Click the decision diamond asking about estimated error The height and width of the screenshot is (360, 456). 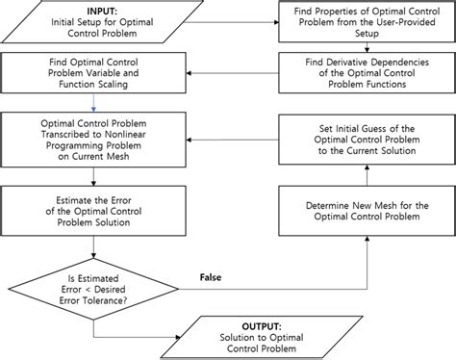click(92, 286)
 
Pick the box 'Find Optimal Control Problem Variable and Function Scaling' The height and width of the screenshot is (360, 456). click(92, 71)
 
